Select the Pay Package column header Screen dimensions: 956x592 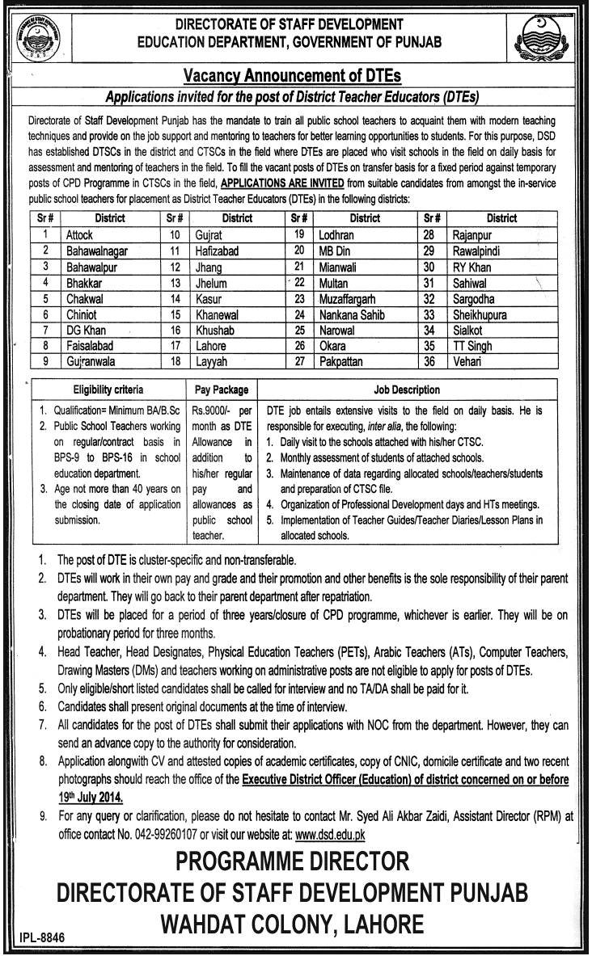tap(222, 390)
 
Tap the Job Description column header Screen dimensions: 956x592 tap(407, 390)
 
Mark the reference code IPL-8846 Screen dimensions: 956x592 tap(38, 939)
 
